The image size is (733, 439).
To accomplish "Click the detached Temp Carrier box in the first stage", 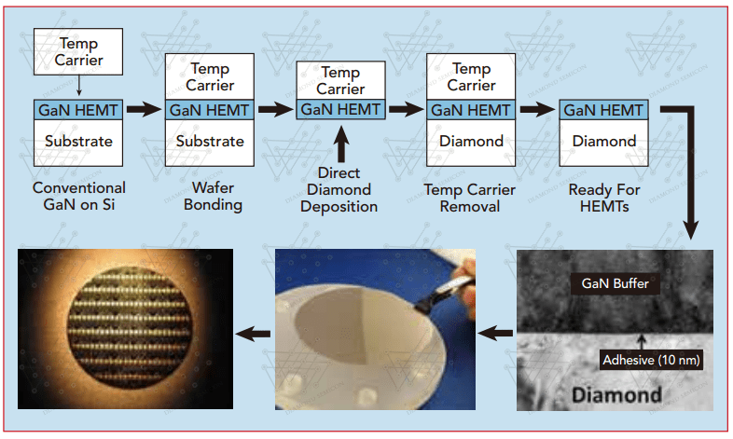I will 78,52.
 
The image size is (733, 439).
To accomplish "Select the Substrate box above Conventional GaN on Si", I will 78,142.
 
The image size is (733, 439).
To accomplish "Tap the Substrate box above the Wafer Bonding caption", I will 210,142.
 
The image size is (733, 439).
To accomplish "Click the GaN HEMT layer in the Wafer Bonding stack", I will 210,109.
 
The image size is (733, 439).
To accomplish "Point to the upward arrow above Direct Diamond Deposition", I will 342,146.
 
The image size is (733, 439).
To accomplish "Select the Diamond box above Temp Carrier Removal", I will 471,142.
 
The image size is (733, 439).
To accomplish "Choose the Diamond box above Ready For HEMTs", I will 603,142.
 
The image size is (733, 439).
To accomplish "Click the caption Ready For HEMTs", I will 603,197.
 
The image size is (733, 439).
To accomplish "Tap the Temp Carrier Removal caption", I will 472,197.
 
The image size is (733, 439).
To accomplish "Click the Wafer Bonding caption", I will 210,197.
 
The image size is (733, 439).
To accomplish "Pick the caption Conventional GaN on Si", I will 78,197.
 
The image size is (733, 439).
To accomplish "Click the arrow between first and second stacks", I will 144,109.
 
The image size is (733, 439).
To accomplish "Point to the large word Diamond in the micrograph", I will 616,394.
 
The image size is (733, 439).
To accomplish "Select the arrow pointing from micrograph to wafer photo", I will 494,330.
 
